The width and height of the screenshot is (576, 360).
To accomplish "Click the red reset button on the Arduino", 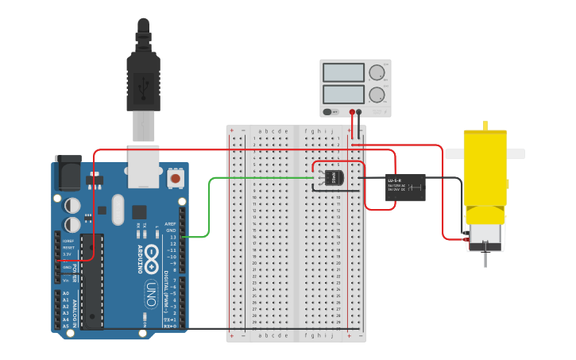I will [175, 179].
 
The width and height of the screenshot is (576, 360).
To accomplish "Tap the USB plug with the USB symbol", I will [144, 83].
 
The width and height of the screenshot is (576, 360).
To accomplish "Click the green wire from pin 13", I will [210, 207].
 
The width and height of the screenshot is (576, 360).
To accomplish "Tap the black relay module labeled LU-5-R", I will [405, 187].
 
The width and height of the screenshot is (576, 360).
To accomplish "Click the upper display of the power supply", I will [343, 72].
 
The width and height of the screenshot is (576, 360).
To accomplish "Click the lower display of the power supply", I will [343, 94].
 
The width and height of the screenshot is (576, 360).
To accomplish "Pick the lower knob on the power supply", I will [377, 95].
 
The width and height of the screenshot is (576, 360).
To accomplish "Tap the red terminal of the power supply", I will [352, 112].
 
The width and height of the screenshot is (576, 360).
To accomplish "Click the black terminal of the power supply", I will [360, 112].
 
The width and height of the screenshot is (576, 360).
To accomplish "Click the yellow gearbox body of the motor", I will [484, 175].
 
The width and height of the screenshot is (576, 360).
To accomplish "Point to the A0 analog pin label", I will [66, 293].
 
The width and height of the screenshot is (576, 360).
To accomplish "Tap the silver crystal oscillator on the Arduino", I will [118, 210].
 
